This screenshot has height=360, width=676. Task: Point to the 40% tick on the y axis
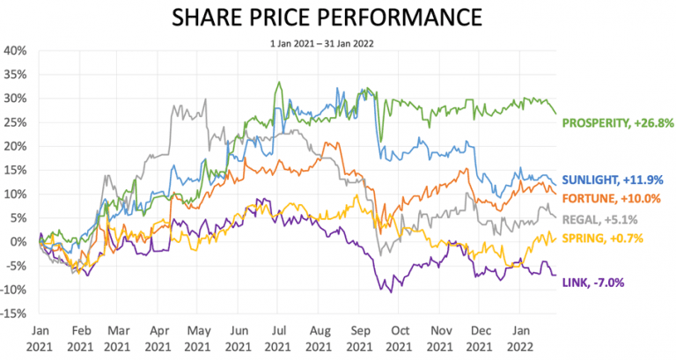[x=16, y=51]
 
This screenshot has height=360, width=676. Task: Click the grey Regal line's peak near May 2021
[x=205, y=99]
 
